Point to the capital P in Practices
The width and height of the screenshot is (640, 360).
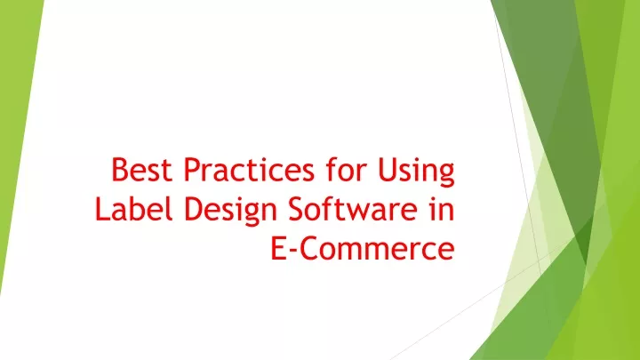coord(177,170)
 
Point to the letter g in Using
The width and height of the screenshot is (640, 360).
coord(444,174)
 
